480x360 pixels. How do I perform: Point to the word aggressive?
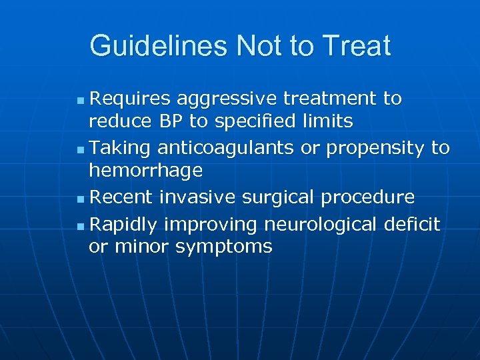click(229, 99)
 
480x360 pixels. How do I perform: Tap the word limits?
click(327, 122)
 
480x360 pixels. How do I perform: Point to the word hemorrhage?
click(145, 171)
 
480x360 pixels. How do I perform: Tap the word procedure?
click(371, 197)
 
